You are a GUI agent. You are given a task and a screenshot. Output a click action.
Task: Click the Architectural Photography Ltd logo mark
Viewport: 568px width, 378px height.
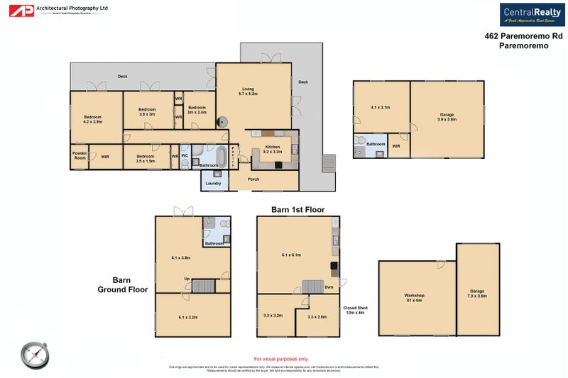click(26, 11)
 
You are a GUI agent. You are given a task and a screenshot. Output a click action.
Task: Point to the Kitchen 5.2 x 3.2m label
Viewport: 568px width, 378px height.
click(272, 149)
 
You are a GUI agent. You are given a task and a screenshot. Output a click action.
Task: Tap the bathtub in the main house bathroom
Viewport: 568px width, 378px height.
click(221, 156)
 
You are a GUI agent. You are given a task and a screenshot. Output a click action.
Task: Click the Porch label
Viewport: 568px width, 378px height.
click(253, 179)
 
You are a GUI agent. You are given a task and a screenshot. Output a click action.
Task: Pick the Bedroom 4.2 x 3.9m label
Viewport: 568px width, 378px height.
click(92, 119)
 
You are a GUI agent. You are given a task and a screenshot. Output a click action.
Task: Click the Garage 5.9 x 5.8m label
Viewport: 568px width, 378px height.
click(447, 117)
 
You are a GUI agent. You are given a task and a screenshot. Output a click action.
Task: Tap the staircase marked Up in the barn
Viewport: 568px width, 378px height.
click(203, 286)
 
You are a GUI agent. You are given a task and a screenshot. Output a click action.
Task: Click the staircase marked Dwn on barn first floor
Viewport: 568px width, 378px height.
click(313, 287)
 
